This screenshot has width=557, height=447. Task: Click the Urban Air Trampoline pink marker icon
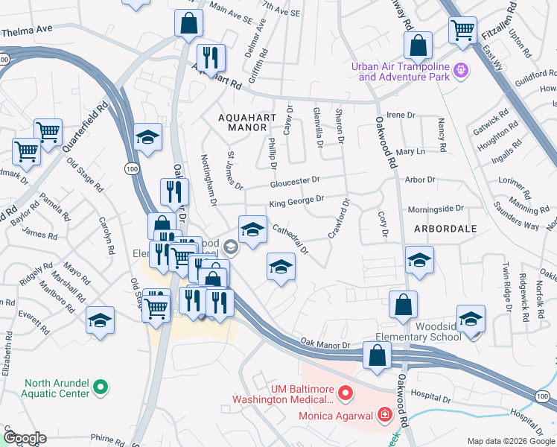pos(462,70)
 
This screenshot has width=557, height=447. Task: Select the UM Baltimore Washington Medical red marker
pos(345,392)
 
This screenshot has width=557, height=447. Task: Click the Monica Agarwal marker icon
pos(385,413)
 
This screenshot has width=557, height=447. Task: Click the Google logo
pos(24,438)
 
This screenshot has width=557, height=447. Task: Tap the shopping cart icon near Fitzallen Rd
pos(462,31)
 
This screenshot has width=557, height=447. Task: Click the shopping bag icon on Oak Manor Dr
pos(378,355)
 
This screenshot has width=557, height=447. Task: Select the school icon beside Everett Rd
pos(100,320)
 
